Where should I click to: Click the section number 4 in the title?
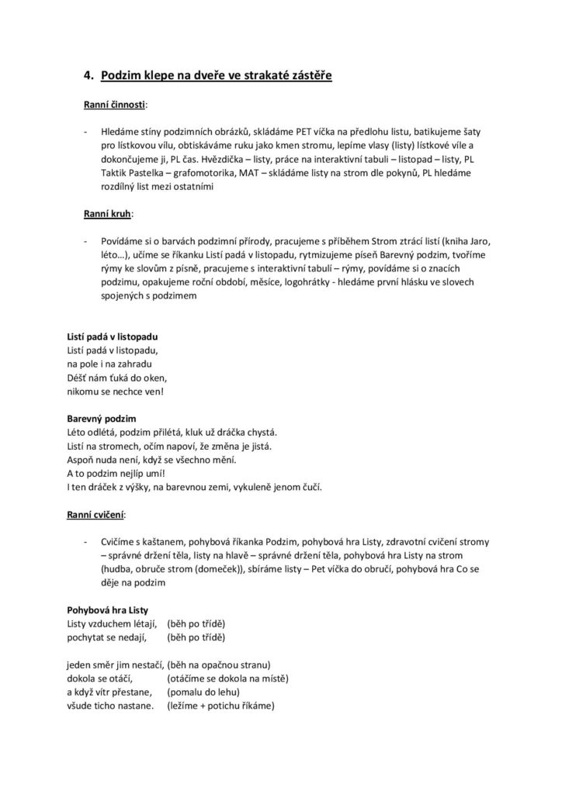pyautogui.click(x=88, y=75)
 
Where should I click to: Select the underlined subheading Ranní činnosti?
pyautogui.click(x=115, y=103)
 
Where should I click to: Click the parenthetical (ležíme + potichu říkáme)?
pyautogui.click(x=221, y=706)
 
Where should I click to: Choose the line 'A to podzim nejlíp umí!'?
pyautogui.click(x=116, y=473)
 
